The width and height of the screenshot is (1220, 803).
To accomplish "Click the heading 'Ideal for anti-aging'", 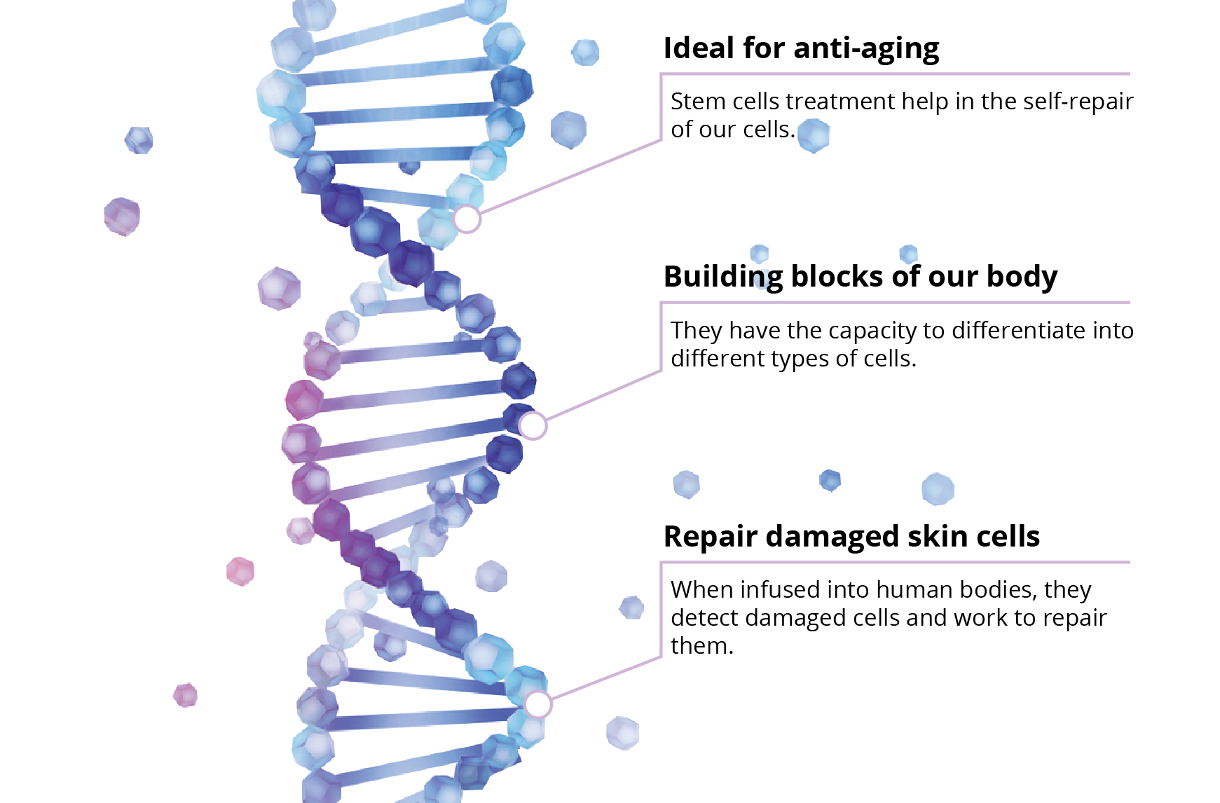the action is [x=801, y=49].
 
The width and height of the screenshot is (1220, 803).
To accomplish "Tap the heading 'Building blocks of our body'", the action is [x=861, y=277].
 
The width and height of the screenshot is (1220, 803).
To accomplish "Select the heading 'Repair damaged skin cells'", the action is [x=851, y=537].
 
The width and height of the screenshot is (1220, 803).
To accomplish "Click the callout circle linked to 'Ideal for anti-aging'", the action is [x=467, y=219].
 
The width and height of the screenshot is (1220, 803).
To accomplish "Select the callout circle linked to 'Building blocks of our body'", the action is [x=533, y=425].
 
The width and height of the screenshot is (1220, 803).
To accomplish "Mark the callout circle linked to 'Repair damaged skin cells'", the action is [x=537, y=704].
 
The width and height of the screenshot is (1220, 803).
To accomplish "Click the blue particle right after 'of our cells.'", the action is [x=814, y=135].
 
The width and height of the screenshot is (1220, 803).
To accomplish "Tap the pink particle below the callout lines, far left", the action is [x=186, y=696].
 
